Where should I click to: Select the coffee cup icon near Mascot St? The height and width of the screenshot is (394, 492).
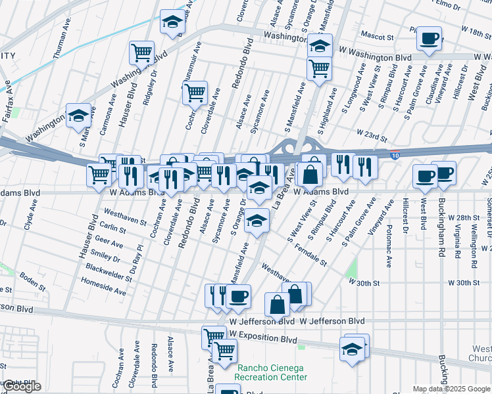pos(430,39)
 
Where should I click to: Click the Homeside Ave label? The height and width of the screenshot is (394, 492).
pos(103,286)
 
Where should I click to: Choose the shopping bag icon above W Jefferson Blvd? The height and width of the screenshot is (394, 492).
pos(278,304)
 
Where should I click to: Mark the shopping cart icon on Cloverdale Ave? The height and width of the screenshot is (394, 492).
pos(195,93)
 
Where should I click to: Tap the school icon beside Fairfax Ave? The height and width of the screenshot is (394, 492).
pos(78,116)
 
